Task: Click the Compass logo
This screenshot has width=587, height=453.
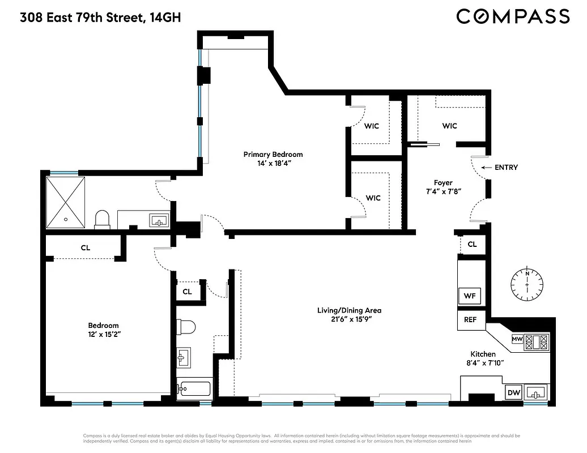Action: pyautogui.click(x=513, y=16)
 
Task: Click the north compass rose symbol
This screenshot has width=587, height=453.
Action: pyautogui.click(x=527, y=284)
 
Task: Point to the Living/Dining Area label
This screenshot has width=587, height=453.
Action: pyautogui.click(x=349, y=310)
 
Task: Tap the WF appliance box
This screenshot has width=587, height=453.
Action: pyautogui.click(x=469, y=296)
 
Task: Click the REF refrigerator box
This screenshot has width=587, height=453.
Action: pyautogui.click(x=470, y=320)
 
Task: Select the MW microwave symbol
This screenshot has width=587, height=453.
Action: pyautogui.click(x=517, y=339)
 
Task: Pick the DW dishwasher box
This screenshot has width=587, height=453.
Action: pyautogui.click(x=513, y=392)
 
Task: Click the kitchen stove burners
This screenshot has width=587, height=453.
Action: pyautogui.click(x=537, y=341)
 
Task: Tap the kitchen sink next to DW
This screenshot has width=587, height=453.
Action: pyautogui.click(x=536, y=392)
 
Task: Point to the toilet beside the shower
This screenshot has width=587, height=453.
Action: pyautogui.click(x=103, y=219)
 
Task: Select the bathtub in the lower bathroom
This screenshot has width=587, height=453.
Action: pyautogui.click(x=194, y=389)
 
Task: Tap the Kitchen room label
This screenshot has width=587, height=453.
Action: pyautogui.click(x=483, y=354)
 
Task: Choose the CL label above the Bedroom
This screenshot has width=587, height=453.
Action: pyautogui.click(x=86, y=248)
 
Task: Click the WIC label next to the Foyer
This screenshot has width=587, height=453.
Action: pyautogui.click(x=449, y=126)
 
